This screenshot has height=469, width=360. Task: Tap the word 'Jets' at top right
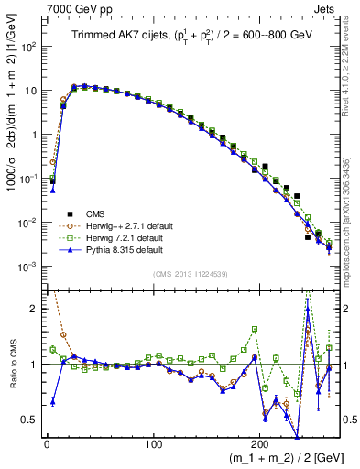[x=326, y=8]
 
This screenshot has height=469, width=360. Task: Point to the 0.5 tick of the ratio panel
[x=30, y=420]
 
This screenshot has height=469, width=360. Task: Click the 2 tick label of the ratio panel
[x=35, y=309]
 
